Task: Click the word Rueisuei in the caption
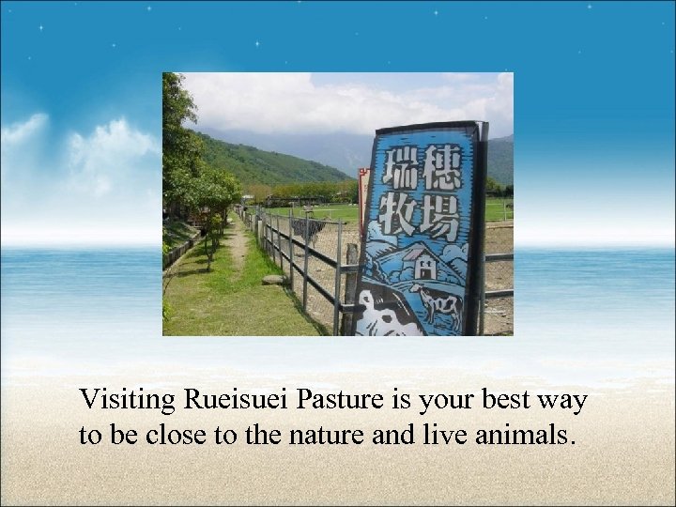click(238, 401)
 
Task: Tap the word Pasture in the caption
click(331, 401)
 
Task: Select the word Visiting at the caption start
click(127, 401)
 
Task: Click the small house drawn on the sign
click(423, 268)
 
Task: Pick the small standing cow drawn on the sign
click(438, 305)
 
